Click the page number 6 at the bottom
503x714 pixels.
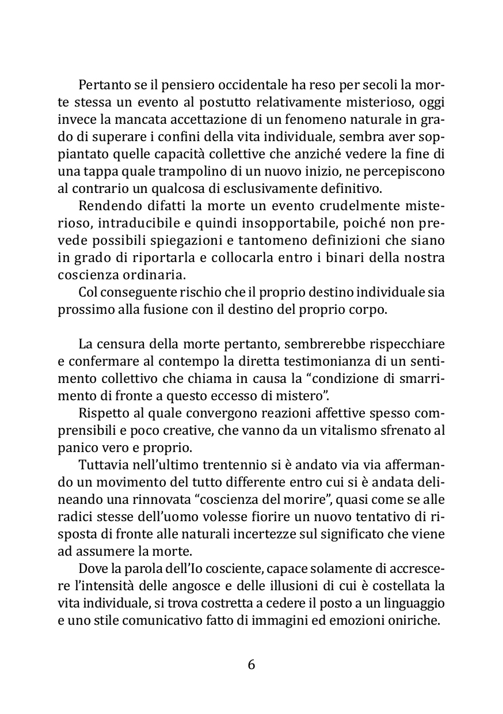(x=251, y=664)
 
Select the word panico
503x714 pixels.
(x=76, y=447)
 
